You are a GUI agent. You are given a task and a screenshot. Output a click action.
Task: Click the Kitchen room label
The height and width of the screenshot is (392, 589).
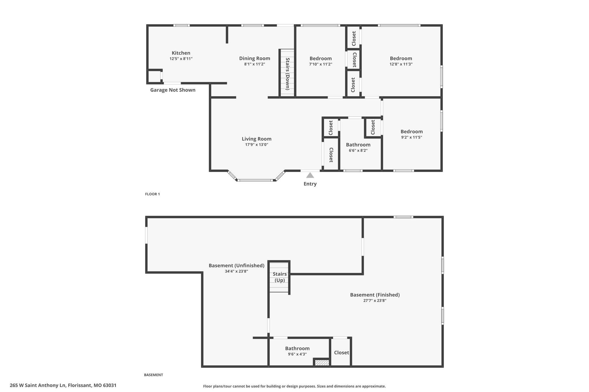click(x=181, y=53)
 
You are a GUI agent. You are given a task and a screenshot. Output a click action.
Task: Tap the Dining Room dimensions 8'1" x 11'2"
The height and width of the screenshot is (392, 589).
click(x=255, y=64)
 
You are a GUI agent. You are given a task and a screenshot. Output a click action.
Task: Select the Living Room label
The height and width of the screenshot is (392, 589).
click(x=257, y=139)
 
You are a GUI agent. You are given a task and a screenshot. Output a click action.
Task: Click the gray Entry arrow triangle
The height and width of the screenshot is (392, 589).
click(x=310, y=175)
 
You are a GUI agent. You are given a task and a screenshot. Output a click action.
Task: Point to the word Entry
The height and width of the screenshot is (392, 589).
click(x=310, y=184)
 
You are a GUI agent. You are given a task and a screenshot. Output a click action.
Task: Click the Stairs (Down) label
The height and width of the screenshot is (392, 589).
click(x=287, y=74)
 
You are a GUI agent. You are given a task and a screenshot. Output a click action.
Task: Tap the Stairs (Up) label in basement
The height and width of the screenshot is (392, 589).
click(x=280, y=277)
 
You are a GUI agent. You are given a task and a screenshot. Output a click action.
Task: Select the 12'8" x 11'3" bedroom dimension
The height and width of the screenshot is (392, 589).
click(x=401, y=64)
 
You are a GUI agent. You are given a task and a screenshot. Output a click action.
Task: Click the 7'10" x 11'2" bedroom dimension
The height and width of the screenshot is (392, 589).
click(x=321, y=64)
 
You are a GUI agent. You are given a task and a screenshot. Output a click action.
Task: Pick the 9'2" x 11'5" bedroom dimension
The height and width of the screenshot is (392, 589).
click(x=412, y=137)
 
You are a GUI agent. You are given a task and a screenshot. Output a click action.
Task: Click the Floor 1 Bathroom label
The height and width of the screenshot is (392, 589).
click(x=358, y=145)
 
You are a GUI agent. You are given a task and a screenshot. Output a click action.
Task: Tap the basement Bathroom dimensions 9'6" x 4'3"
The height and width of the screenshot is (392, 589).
click(x=297, y=354)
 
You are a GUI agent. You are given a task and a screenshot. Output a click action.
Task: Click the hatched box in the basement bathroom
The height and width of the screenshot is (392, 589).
click(x=322, y=362)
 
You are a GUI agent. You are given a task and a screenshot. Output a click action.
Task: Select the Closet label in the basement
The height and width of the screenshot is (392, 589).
click(x=341, y=353)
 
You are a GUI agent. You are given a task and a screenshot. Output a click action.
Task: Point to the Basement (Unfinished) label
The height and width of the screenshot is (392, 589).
click(x=236, y=266)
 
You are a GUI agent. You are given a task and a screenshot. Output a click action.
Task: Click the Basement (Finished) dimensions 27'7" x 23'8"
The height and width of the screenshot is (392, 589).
click(x=375, y=301)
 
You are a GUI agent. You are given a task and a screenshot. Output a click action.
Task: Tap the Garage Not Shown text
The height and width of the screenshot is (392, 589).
click(x=173, y=90)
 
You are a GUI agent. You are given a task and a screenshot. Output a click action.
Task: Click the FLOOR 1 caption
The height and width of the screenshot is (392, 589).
click(x=152, y=194)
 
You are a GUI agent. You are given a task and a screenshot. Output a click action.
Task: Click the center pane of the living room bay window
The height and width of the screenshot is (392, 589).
click(x=255, y=180)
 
